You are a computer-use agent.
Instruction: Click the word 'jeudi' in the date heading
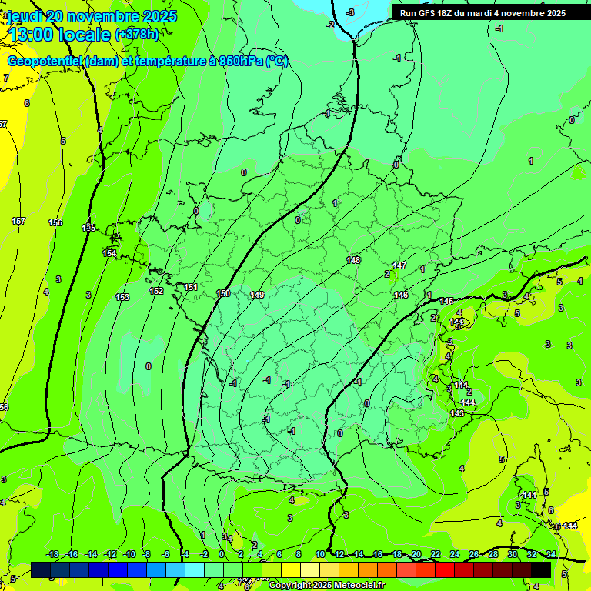pyautogui.click(x=25, y=16)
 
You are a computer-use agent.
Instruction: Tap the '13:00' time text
pyautogui.click(x=31, y=34)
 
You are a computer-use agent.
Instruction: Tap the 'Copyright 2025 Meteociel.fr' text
pyautogui.click(x=326, y=586)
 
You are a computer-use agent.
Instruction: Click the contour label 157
pyautogui.click(x=18, y=221)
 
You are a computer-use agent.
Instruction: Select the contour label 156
pyautogui.click(x=55, y=222)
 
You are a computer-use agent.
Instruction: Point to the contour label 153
pyautogui.click(x=122, y=297)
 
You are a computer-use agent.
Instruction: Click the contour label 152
pyautogui.click(x=156, y=291)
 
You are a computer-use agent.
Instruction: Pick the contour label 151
pyautogui.click(x=191, y=287)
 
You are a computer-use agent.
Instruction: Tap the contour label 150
pyautogui.click(x=223, y=293)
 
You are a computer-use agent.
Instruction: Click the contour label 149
pyautogui.click(x=257, y=295)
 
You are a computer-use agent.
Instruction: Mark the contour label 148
pyautogui.click(x=353, y=260)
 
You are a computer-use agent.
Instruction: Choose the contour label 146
pyautogui.click(x=401, y=295)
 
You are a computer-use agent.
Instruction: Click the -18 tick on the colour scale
pyautogui.click(x=53, y=554)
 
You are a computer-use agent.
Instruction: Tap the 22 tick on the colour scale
pyautogui.click(x=435, y=554)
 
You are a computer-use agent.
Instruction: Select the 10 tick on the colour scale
pyautogui.click(x=319, y=554)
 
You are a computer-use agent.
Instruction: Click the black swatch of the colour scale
pyautogui.click(x=541, y=569)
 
